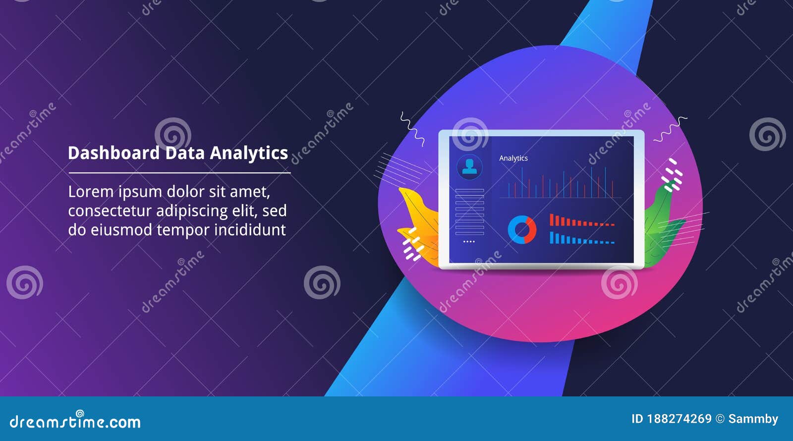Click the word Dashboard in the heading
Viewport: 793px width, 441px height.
tap(113, 153)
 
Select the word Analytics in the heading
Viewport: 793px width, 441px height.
tap(249, 153)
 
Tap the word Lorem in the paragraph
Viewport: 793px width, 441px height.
tap(90, 192)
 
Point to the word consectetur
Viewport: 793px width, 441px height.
tap(110, 211)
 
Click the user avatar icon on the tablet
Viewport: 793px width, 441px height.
tap(469, 167)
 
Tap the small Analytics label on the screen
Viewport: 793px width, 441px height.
tap(513, 158)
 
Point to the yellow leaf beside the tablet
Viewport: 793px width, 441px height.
tap(419, 218)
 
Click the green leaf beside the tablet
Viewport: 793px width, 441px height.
tap(662, 223)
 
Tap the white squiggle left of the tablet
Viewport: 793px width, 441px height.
tap(412, 128)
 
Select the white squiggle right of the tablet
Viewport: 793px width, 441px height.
tap(670, 129)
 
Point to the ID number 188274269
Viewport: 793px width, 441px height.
tap(679, 419)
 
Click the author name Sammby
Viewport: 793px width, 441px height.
tap(753, 419)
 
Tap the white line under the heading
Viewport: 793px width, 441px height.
tap(179, 173)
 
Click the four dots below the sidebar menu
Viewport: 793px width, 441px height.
tap(469, 242)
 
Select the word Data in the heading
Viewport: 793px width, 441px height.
tap(184, 153)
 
